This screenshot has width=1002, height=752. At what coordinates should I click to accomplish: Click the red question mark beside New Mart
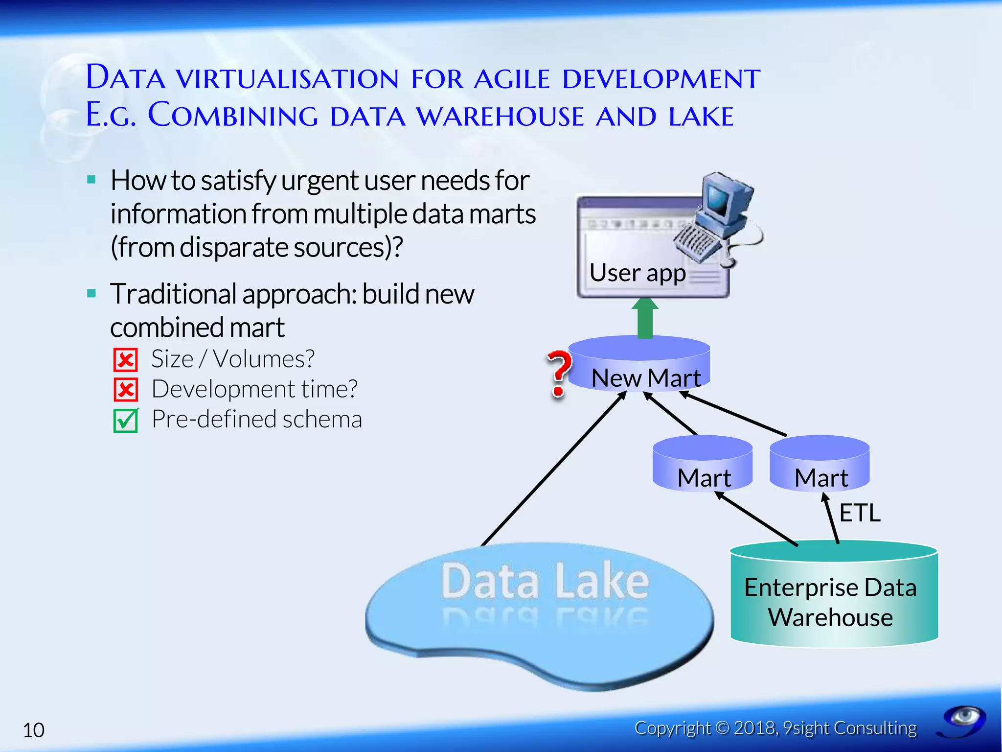pos(558,373)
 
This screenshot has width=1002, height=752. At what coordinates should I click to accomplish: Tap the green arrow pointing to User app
pos(645,318)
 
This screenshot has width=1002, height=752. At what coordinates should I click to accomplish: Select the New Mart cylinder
pos(639,363)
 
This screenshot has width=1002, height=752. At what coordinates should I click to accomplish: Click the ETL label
pos(860,513)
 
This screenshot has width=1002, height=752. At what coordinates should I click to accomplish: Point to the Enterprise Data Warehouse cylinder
pos(834,594)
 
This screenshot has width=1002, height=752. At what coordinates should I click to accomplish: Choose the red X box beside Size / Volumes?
pos(126,360)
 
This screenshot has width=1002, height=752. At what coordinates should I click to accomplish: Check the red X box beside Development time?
pos(126,390)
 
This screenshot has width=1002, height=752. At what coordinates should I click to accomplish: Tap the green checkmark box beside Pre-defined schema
pos(126,420)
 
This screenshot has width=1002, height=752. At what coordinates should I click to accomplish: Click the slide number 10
pos(34,730)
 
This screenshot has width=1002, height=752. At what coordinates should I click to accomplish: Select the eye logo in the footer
pos(963,720)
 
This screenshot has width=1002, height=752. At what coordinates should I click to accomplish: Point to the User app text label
pos(637,273)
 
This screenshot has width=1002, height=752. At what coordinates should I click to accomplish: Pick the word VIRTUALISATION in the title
pos(288,79)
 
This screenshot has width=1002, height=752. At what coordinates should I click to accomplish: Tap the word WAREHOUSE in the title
pos(500,117)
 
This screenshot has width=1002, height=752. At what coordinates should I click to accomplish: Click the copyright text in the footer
pos(775,728)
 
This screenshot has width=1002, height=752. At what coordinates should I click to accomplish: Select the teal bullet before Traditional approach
pos(91,294)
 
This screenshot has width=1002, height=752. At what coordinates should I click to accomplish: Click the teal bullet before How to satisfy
pos(91,180)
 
